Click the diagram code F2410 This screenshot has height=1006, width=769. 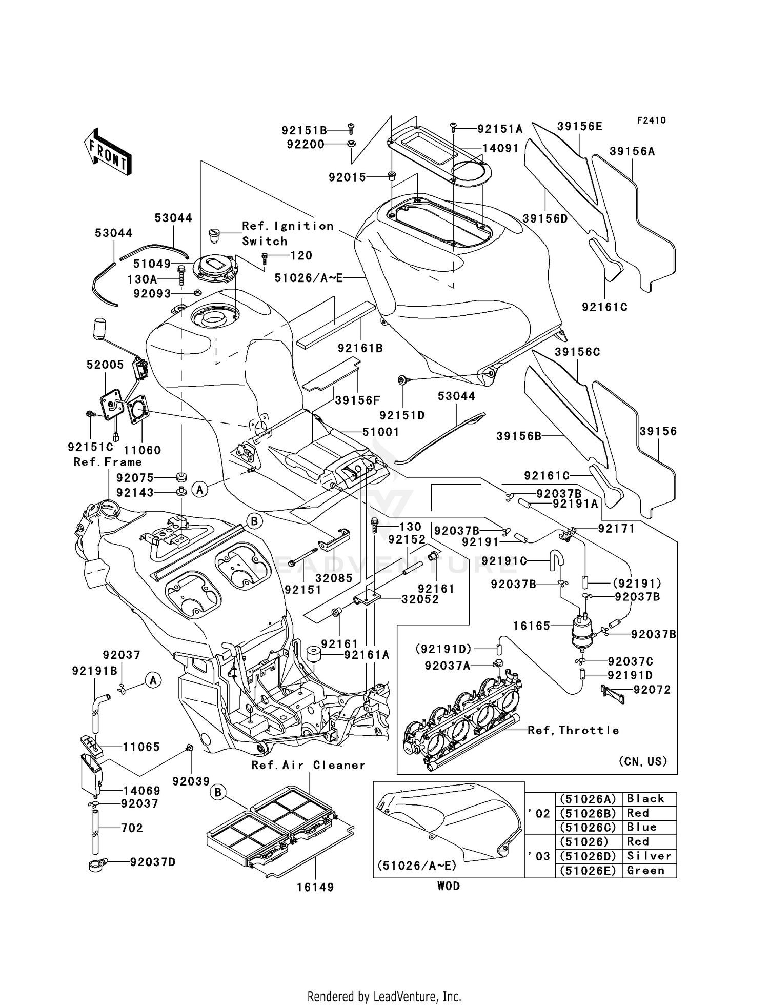tap(651, 120)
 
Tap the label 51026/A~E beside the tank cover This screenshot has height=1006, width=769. tap(308, 278)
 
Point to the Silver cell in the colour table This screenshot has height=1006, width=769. tap(649, 856)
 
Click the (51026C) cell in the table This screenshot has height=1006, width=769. tap(588, 827)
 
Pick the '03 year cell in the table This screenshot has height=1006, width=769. tap(539, 856)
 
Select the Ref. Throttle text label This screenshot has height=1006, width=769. tap(573, 730)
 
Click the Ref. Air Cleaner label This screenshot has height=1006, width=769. tap(308, 765)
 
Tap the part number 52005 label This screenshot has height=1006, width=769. tap(105, 365)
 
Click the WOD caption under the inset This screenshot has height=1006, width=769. tap(448, 886)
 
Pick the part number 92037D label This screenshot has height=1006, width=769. tap(152, 862)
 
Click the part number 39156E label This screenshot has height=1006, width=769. tap(579, 126)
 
